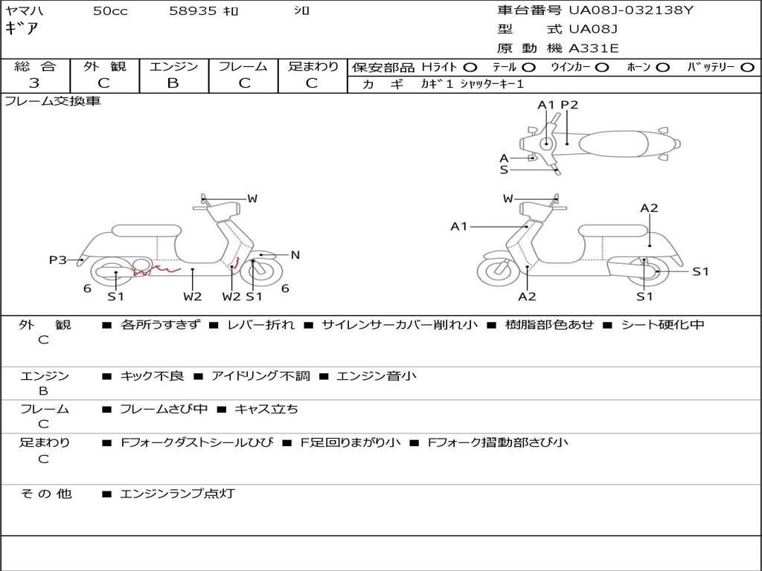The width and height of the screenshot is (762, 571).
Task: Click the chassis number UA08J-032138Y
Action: pyautogui.click(x=631, y=10)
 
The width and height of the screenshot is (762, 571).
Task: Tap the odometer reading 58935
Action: pyautogui.click(x=193, y=10)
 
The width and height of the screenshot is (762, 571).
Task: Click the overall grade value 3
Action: pyautogui.click(x=34, y=83)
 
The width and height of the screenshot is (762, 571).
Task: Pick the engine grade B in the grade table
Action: pyautogui.click(x=173, y=83)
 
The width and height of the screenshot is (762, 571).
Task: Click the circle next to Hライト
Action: pyautogui.click(x=470, y=68)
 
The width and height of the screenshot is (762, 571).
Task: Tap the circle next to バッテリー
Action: pyautogui.click(x=747, y=68)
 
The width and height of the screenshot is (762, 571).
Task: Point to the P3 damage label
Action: pyautogui.click(x=58, y=259)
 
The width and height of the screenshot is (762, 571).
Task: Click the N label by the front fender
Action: pyautogui.click(x=295, y=255)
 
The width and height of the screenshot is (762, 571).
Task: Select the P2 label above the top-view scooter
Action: pyautogui.click(x=569, y=105)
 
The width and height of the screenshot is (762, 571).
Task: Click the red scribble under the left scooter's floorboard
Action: pyautogui.click(x=157, y=271)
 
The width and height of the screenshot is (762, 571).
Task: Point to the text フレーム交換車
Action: pyautogui.click(x=53, y=101)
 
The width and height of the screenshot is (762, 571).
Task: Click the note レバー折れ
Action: pyautogui.click(x=261, y=325)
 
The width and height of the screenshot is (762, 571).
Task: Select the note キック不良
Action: pyautogui.click(x=152, y=375)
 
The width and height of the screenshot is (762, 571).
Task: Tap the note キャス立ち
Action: pyautogui.click(x=266, y=410)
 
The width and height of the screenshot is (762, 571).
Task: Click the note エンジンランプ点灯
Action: pyautogui.click(x=177, y=494)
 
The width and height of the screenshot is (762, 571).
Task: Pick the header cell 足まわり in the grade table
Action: pyautogui.click(x=313, y=66)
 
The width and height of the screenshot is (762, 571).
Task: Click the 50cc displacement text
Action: pyautogui.click(x=110, y=10)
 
